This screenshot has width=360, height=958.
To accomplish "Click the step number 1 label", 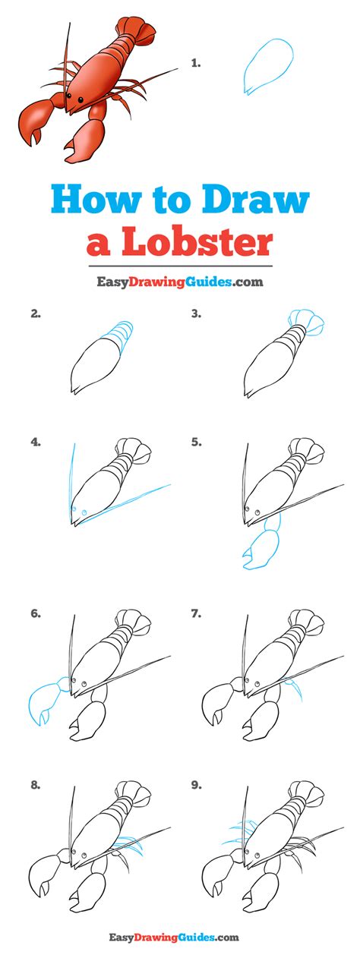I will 195,64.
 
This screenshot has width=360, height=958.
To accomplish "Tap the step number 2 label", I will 35,313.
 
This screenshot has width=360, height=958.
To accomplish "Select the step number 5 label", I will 196,441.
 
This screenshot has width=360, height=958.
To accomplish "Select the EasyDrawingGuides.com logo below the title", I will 179,282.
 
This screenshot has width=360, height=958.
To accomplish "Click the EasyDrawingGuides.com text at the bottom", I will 179,938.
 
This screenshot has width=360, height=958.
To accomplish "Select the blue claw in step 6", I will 44,698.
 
